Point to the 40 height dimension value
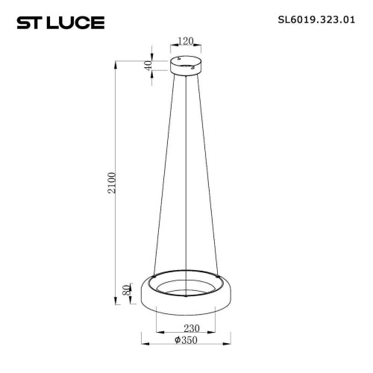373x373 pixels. click(149, 65)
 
